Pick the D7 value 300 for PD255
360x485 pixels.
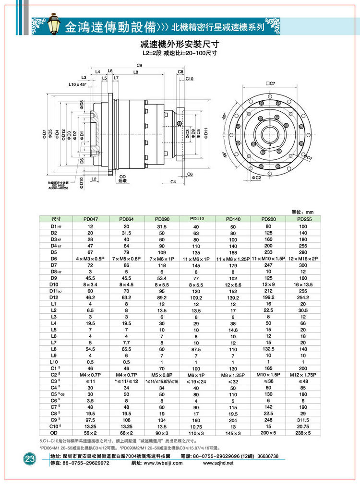(303, 265)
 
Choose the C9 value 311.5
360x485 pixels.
(303, 419)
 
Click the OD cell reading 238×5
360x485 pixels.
(303, 433)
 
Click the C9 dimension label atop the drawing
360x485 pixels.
(139, 65)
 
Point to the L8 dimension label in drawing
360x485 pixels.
(136, 72)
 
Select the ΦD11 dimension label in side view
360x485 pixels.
(205, 133)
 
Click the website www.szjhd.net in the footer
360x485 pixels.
(218, 463)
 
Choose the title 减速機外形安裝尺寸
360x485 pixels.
(178, 44)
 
